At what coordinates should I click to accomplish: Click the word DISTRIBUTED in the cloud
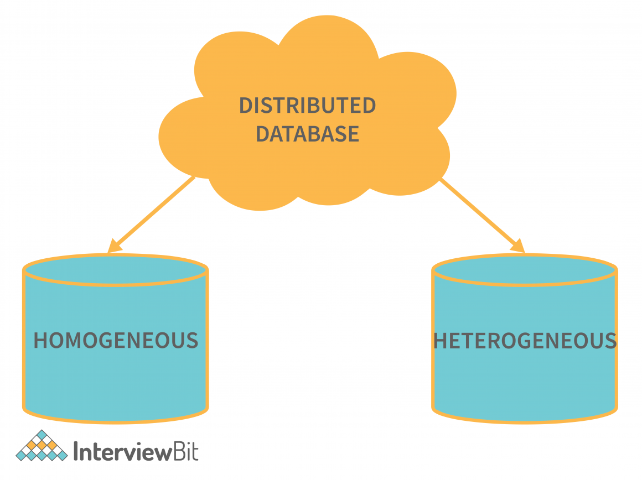307,106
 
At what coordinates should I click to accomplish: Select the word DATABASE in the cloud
307,134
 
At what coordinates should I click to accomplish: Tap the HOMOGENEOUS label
116,340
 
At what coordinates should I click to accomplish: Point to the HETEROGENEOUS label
525,341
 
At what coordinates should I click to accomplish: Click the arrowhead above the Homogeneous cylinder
113,246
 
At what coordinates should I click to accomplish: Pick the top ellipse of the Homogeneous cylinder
116,270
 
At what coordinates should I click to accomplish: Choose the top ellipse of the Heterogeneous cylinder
525,270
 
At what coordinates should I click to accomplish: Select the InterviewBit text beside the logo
136,451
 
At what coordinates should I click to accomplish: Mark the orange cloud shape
307,66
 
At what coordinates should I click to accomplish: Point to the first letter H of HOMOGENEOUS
40,340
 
